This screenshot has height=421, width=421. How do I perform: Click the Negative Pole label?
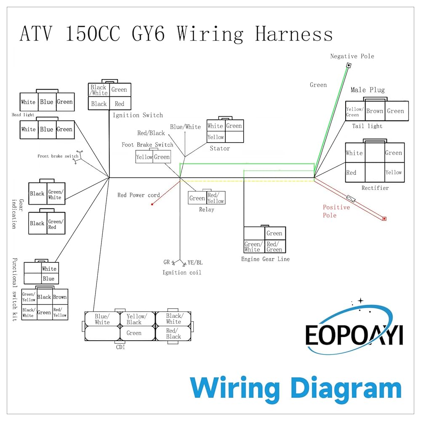coord(352,56)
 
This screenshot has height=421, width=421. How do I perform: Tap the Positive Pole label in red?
coord(336,211)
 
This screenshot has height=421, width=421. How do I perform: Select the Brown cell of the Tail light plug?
coord(374,111)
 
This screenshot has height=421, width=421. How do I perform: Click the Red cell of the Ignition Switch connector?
coord(120,104)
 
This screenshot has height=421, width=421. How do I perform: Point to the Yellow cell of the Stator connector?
coord(216,137)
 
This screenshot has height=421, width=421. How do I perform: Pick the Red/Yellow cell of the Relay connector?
coord(216,198)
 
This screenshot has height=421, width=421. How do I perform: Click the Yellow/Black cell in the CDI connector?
coord(136,319)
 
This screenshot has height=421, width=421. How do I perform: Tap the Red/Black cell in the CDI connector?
coord(173,333)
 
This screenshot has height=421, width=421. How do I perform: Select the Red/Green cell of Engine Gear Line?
coord(274,247)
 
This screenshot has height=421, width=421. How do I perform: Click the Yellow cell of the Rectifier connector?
coord(394,172)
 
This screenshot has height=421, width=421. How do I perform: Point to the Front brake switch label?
coord(58,156)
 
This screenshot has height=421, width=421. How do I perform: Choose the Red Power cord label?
coord(139,195)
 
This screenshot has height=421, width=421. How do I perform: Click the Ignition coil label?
coord(182,272)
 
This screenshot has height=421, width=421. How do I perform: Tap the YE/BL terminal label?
coord(195,263)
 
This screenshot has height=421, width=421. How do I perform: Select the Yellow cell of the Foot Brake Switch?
coord(144,157)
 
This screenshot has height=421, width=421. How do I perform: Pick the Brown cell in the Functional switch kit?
coord(60,297)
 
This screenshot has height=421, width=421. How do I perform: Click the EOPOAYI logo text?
coord(354,335)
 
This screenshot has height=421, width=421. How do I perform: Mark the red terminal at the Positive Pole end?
coord(384,218)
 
